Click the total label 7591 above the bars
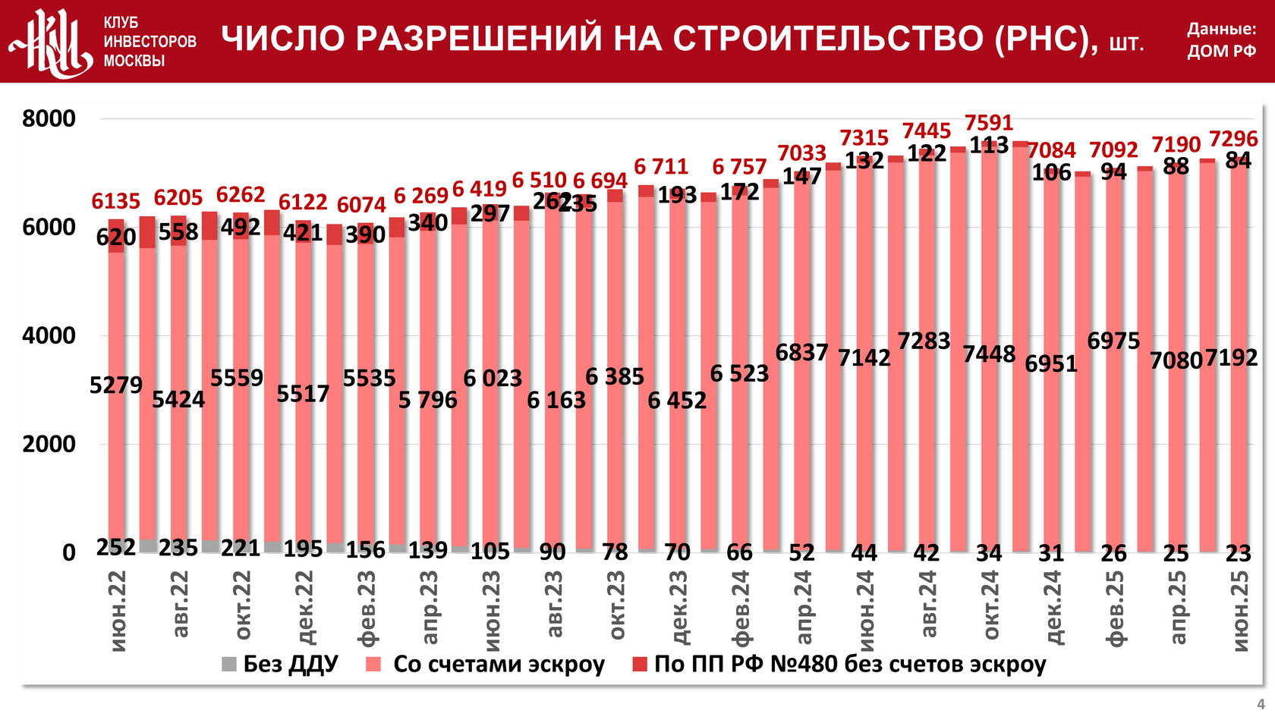[989, 123]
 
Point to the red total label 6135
[116, 202]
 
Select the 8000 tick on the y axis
[49, 119]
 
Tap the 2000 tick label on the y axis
[49, 445]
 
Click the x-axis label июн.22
[117, 612]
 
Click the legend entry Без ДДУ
[280, 665]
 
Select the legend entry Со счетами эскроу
[486, 665]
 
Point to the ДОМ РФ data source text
[1222, 52]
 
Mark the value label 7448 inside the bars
[989, 354]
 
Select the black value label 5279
[116, 385]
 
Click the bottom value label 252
[116, 547]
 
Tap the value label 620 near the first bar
[116, 237]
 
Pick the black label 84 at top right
[1239, 161]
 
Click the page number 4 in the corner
[1261, 704]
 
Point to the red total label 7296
[1233, 140]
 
